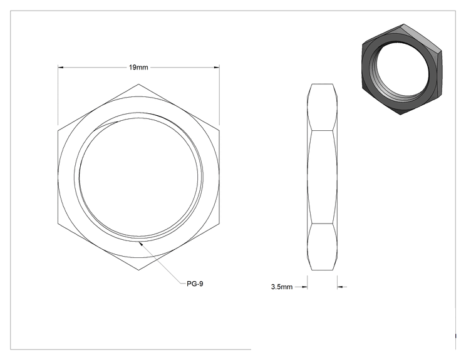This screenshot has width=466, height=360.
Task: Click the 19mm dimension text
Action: click(138, 68)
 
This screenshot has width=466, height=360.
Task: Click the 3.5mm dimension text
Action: click(282, 287)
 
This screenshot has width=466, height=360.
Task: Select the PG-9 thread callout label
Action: click(195, 284)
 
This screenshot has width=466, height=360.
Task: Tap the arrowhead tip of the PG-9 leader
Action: click(139, 242)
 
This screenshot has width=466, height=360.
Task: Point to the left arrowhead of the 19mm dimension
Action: click(61, 68)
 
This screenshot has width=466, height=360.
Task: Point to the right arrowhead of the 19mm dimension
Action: click(217, 68)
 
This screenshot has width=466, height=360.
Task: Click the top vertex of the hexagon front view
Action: click(139, 84)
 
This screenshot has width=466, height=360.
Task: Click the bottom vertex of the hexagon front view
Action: click(139, 270)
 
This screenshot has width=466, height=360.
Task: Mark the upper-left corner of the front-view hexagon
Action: click(58, 130)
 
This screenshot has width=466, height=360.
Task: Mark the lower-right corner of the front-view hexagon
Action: click(220, 224)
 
